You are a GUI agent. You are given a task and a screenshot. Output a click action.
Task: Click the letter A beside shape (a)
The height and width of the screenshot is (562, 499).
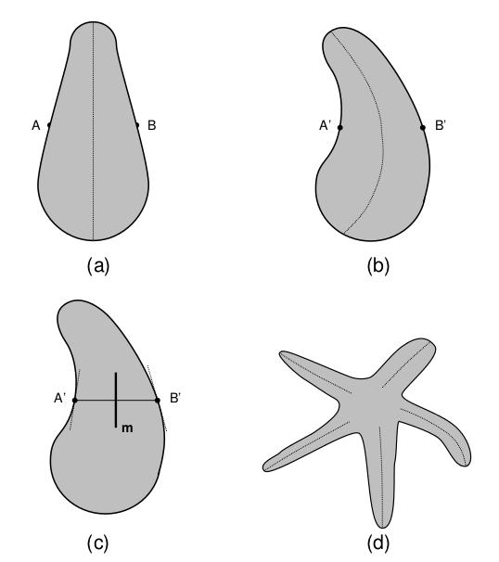pos(36,125)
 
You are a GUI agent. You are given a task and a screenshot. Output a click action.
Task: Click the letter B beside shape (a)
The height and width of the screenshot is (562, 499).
pos(152,125)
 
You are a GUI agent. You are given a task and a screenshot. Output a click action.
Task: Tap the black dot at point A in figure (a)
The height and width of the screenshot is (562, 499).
pos(49,125)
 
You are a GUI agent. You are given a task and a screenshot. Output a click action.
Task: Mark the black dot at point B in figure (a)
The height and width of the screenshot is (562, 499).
pos(137,125)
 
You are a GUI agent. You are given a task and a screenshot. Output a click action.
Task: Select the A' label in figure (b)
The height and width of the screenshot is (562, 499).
pos(325,126)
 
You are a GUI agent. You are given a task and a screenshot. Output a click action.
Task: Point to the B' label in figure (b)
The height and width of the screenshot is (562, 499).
pos(441,126)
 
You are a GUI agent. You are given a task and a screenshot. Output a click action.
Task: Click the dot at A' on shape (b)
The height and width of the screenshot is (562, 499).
pos(340,127)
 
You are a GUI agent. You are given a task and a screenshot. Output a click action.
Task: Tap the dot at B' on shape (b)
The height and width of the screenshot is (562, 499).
pos(423,127)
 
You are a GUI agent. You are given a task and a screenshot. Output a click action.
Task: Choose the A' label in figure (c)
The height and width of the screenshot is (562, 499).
pos(60,398)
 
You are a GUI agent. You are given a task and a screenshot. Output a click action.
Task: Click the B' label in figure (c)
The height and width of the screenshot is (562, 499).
pos(175,398)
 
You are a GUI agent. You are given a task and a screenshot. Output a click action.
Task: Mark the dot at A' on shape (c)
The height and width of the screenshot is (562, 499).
pos(75,400)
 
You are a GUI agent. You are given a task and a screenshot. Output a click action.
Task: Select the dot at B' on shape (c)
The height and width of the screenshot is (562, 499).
pos(158,400)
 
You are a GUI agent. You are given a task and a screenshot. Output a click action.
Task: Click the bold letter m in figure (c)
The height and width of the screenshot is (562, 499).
pos(127,428)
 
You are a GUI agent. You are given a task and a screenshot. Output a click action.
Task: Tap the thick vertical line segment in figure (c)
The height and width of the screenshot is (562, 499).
pos(116,400)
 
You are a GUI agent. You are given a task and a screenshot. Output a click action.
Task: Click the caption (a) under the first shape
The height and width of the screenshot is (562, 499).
pos(97,267)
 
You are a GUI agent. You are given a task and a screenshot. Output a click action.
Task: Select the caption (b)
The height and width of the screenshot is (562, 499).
pos(378,267)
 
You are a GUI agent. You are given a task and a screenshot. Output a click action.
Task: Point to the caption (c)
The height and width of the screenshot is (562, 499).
pos(97,543)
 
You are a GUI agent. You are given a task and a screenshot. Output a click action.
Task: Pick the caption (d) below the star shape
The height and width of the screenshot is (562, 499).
pos(378,543)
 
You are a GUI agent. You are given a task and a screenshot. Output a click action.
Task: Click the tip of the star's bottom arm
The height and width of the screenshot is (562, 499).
pos(382,528)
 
